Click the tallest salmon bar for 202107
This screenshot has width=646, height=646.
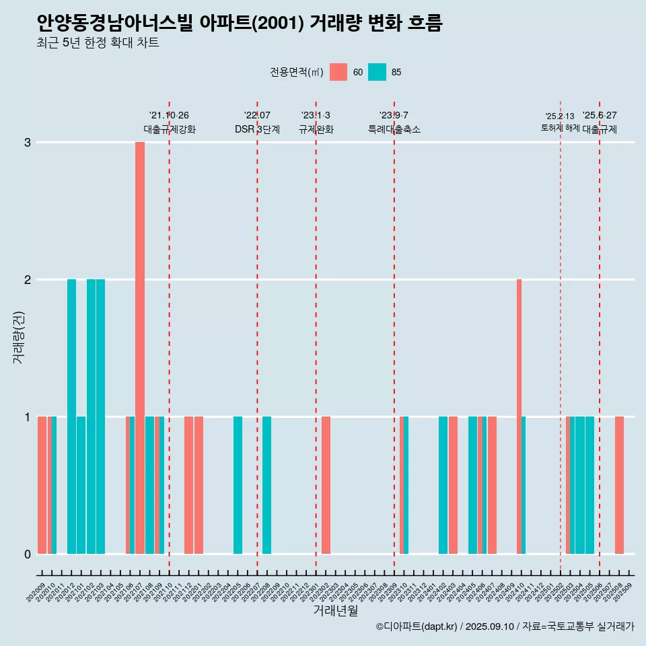pyautogui.click(x=140, y=348)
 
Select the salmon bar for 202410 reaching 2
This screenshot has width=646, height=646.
pyautogui.click(x=519, y=416)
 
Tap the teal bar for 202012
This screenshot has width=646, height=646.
pyautogui.click(x=71, y=416)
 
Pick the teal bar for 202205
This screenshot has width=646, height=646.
pyautogui.click(x=238, y=485)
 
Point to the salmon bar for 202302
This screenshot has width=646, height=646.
pyautogui.click(x=326, y=485)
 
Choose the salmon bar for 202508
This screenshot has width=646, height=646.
pyautogui.click(x=619, y=485)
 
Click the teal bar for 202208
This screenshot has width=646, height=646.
pyautogui.click(x=267, y=485)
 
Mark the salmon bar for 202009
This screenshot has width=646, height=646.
pyautogui.click(x=42, y=485)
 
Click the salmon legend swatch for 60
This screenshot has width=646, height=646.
pyautogui.click(x=338, y=72)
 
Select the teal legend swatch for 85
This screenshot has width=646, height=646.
pyautogui.click(x=377, y=72)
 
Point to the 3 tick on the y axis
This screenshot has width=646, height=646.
pyautogui.click(x=28, y=143)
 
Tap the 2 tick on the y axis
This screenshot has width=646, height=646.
pyautogui.click(x=28, y=279)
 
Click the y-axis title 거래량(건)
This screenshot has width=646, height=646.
pyautogui.click(x=18, y=336)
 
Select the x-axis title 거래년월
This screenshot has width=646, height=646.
pyautogui.click(x=335, y=610)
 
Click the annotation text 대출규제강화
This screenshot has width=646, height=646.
pyautogui.click(x=170, y=129)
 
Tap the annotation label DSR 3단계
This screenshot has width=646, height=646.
pyautogui.click(x=257, y=129)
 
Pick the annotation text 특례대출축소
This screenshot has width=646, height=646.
pyautogui.click(x=394, y=129)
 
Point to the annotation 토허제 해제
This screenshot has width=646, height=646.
pyautogui.click(x=560, y=128)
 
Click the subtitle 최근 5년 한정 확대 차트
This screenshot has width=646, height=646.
pyautogui.click(x=98, y=44)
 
